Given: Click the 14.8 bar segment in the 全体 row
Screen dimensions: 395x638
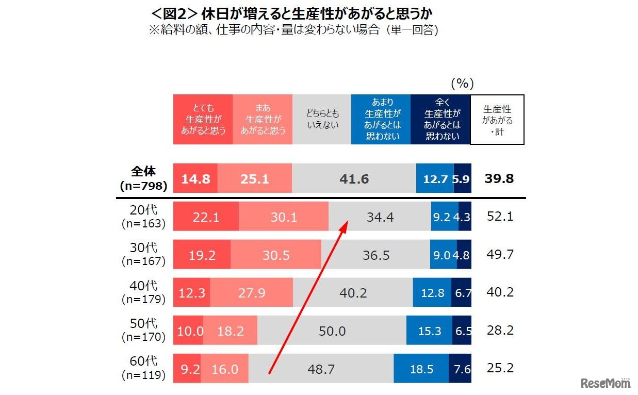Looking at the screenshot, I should (195, 179).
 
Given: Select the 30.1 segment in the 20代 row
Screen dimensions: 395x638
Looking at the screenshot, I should (284, 217).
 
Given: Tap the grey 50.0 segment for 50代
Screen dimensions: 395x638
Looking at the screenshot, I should (332, 331).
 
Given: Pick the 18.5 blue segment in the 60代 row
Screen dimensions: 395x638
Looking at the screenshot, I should (421, 369).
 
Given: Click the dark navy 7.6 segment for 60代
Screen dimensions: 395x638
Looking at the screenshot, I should (460, 369).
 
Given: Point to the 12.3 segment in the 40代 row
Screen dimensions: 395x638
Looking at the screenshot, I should (192, 293).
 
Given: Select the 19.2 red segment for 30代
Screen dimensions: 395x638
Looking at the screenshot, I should (202, 255).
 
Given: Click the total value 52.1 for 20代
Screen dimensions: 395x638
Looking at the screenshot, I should (500, 217).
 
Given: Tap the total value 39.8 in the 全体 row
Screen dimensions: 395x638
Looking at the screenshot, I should (499, 179).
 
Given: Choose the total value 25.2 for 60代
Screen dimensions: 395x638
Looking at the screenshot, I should (500, 368).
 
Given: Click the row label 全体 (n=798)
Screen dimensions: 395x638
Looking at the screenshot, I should (143, 178).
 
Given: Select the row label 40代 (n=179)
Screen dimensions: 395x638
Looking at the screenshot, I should (143, 292).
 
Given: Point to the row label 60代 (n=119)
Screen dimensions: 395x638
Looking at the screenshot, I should (143, 368).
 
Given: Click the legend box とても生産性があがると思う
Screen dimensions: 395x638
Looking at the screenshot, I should (203, 120).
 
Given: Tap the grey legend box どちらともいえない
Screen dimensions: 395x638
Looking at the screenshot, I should (322, 120).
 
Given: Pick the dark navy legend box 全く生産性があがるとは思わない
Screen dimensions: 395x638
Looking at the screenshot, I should (441, 120).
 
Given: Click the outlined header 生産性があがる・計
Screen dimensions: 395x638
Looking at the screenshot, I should (498, 120).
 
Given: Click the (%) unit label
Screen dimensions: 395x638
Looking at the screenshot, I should (462, 84).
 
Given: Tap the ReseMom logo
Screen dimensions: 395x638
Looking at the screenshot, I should (606, 383).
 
